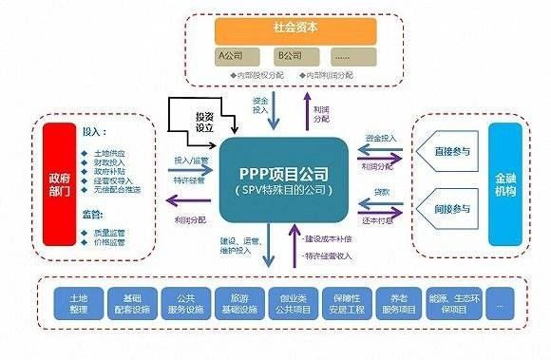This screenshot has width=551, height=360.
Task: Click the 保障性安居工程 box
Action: pos(342,302)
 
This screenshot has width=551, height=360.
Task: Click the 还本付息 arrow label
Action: pos(382,220)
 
